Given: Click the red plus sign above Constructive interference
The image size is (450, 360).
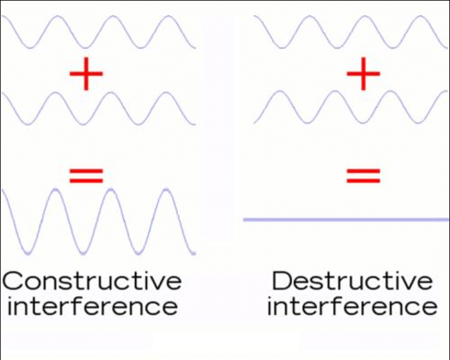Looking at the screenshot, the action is pyautogui.click(x=87, y=74).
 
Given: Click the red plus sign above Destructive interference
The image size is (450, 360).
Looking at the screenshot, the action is pyautogui.click(x=363, y=74).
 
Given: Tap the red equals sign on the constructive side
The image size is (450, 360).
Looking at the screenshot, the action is pyautogui.click(x=87, y=175).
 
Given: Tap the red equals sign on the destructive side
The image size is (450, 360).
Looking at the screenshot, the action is pyautogui.click(x=363, y=175).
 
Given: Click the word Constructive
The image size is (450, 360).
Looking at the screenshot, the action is pyautogui.click(x=91, y=280).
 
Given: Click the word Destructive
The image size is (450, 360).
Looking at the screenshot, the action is pyautogui.click(x=352, y=280).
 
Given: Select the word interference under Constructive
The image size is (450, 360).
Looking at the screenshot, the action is pyautogui.click(x=92, y=306).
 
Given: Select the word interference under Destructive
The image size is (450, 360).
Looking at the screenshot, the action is pyautogui.click(x=352, y=306).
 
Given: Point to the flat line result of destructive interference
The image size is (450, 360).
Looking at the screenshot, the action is pyautogui.click(x=346, y=219).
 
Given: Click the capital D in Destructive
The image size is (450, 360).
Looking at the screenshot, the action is pyautogui.click(x=282, y=280).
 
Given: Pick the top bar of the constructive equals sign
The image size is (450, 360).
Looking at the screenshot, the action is pyautogui.click(x=87, y=170).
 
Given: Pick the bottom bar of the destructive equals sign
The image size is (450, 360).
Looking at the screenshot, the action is pyautogui.click(x=363, y=180).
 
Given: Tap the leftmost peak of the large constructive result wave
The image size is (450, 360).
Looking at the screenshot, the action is pyautogui.click(x=55, y=190).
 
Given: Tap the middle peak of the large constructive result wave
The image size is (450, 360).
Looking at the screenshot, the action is pyautogui.click(x=111, y=190).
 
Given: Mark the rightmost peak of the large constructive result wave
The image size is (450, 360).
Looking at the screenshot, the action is pyautogui.click(x=166, y=190).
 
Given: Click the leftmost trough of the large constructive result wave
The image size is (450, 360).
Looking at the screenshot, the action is pyautogui.click(x=27, y=253).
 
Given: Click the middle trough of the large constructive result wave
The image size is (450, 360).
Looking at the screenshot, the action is pyautogui.click(x=83, y=253).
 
